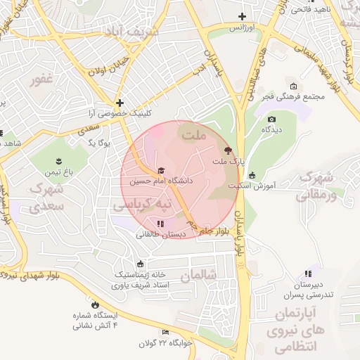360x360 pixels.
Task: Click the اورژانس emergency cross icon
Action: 242,16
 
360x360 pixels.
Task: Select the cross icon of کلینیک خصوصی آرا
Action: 120,102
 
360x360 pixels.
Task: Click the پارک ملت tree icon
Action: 226,150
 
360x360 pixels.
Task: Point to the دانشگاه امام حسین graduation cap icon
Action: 160,171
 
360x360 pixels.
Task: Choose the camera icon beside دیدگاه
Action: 272,119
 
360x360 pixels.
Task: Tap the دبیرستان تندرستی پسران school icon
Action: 307,274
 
